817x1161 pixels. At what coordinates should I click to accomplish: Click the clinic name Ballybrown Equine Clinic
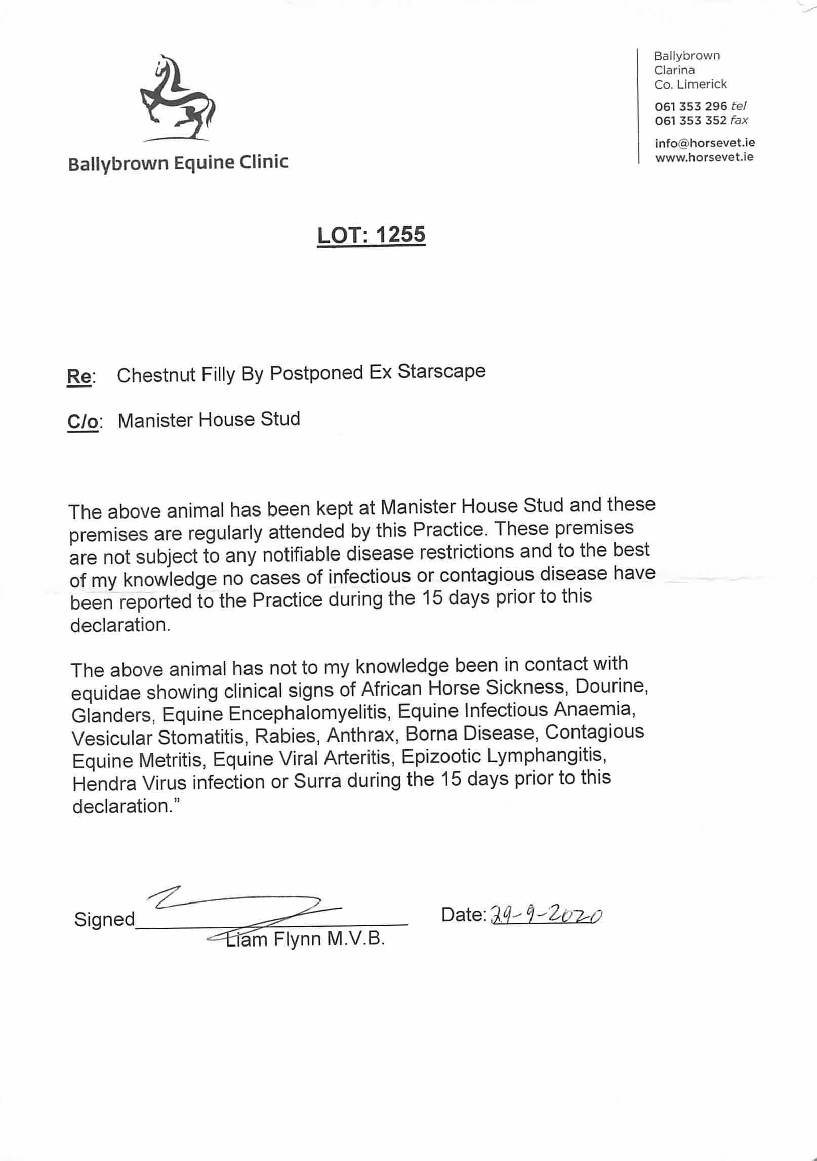click(178, 163)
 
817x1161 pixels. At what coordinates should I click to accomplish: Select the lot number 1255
click(398, 235)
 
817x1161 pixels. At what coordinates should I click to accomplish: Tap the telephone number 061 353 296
click(690, 106)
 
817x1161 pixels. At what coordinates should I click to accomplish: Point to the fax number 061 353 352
click(690, 120)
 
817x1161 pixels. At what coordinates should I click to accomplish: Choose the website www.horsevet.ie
click(704, 157)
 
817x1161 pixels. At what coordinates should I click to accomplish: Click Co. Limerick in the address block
click(690, 84)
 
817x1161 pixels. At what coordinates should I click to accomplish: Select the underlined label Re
click(79, 377)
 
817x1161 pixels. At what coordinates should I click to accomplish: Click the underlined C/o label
click(83, 422)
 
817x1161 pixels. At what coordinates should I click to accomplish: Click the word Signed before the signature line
click(104, 919)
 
